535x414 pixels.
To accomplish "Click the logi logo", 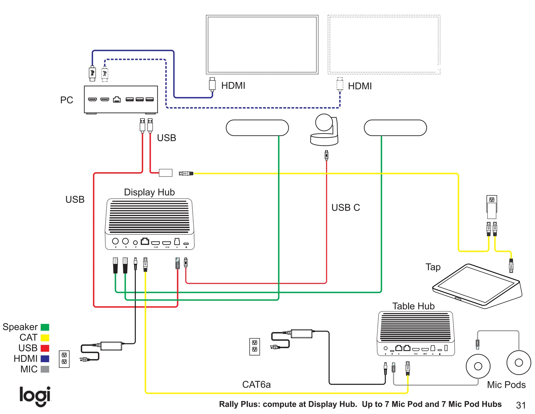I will click(35, 396).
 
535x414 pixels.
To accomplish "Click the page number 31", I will click(521, 405).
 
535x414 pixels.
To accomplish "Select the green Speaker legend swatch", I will click(45, 327).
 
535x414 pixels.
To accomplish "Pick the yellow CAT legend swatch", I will click(45, 338).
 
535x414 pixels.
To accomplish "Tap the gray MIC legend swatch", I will click(45, 369).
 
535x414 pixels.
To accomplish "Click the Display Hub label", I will click(149, 192).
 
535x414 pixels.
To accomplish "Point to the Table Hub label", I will click(413, 306).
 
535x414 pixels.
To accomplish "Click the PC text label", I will click(67, 100).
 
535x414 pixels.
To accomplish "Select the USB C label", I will click(345, 208).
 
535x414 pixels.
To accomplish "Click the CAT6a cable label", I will click(256, 384).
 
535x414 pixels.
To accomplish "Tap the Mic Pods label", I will click(506, 385).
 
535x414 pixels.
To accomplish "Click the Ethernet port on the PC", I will click(117, 99).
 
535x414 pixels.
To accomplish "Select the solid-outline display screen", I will click(262, 44).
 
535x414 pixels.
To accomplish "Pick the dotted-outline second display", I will click(384, 44).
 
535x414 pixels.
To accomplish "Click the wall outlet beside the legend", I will click(64, 359).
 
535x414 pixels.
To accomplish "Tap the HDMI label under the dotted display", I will click(360, 86).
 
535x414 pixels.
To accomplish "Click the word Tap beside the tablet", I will click(433, 267).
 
